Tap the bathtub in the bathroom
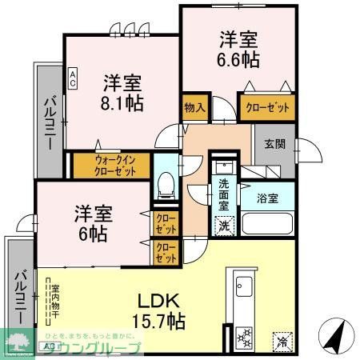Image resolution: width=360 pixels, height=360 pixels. click(x=267, y=222)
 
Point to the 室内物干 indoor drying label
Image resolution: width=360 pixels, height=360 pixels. click(x=47, y=304)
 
